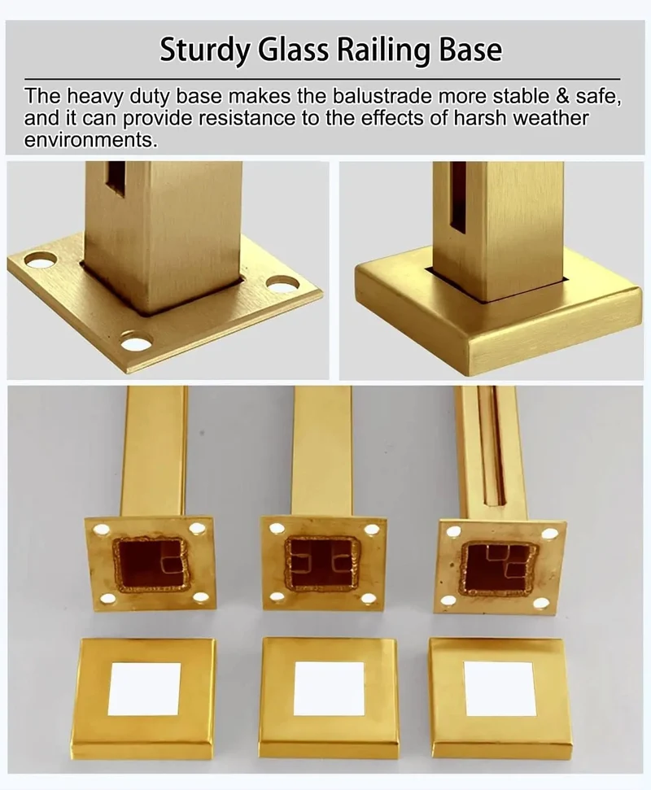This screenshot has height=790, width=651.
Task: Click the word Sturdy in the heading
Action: click(203, 50)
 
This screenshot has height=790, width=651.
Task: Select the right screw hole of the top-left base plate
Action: click(280, 284)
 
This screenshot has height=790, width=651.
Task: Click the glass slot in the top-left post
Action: click(116, 179)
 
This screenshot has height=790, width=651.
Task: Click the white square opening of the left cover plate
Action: click(144, 689)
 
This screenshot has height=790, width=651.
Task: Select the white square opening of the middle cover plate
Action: click(329, 689)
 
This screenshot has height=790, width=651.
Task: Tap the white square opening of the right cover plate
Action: click(500, 689)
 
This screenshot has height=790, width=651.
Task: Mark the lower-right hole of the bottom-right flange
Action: click(541, 604)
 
